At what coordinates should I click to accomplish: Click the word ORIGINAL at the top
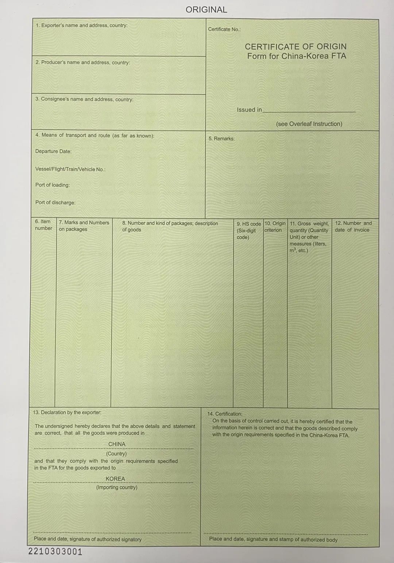pyautogui.click(x=206, y=10)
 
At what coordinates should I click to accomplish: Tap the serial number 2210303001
pyautogui.click(x=55, y=552)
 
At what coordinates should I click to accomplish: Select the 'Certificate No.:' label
pyautogui.click(x=224, y=29)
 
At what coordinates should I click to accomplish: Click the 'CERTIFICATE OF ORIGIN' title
pyautogui.click(x=295, y=47)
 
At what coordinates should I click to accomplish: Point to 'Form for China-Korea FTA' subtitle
pyautogui.click(x=297, y=56)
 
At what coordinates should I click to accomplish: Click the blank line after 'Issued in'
pyautogui.click(x=309, y=110)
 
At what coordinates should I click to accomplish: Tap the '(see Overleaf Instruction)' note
pyautogui.click(x=309, y=124)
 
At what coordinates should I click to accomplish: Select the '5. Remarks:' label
pyautogui.click(x=221, y=138)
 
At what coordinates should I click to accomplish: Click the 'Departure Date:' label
pyautogui.click(x=53, y=151)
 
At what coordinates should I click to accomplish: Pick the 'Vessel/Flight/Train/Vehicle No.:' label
pyautogui.click(x=70, y=169)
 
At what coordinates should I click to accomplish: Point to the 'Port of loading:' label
pyautogui.click(x=53, y=185)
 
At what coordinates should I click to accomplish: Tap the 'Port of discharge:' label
pyautogui.click(x=55, y=202)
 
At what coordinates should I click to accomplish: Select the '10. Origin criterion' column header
pyautogui.click(x=275, y=227)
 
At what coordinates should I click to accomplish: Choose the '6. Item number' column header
pyautogui.click(x=43, y=225)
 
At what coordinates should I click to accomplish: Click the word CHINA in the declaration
pyautogui.click(x=117, y=444)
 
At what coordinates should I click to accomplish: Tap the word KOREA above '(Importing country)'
pyautogui.click(x=115, y=479)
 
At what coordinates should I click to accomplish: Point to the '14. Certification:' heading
pyautogui.click(x=224, y=414)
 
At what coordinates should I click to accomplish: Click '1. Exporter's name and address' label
pyautogui.click(x=81, y=26)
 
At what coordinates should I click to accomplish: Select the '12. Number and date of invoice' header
pyautogui.click(x=353, y=226)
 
